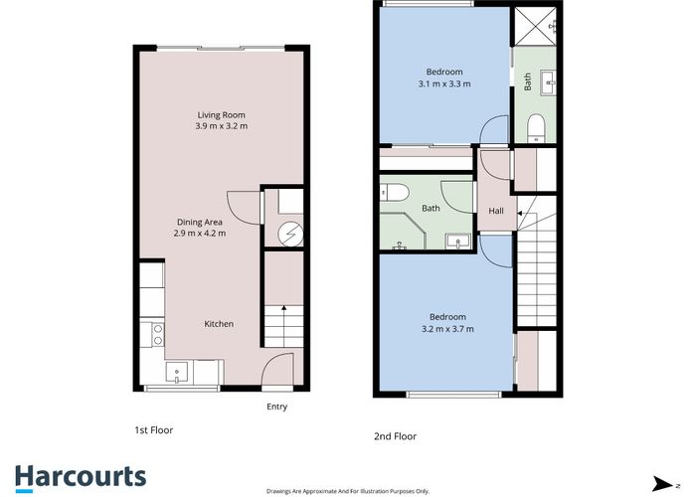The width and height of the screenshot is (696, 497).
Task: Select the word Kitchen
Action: click(x=219, y=324)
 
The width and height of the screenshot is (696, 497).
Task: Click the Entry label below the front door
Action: click(x=278, y=406)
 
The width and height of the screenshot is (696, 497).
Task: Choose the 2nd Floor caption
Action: click(x=396, y=435)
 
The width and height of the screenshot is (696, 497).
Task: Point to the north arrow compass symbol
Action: click(x=658, y=482)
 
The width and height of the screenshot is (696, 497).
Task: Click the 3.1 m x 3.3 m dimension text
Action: click(x=444, y=84)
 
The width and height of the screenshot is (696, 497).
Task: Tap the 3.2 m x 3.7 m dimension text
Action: click(x=447, y=328)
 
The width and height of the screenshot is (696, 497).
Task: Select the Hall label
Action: click(x=495, y=211)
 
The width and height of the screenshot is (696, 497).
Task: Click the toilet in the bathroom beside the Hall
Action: click(x=392, y=192)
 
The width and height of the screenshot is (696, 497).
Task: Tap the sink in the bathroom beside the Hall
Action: click(x=456, y=241)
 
